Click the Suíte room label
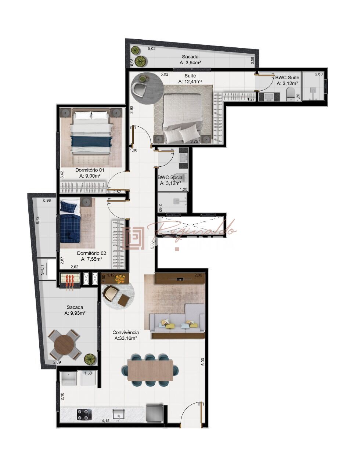tap(190, 76)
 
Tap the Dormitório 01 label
tap(90, 170)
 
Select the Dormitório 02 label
tap(91, 253)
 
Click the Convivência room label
tap(126, 333)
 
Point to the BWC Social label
tap(170, 178)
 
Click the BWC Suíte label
tap(287, 78)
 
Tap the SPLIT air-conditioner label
tap(42, 270)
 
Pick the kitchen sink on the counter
tap(118, 415)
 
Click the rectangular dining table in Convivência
tap(150, 370)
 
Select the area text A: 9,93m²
tap(75, 313)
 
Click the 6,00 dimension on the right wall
tap(203, 362)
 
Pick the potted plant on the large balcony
tap(89, 359)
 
